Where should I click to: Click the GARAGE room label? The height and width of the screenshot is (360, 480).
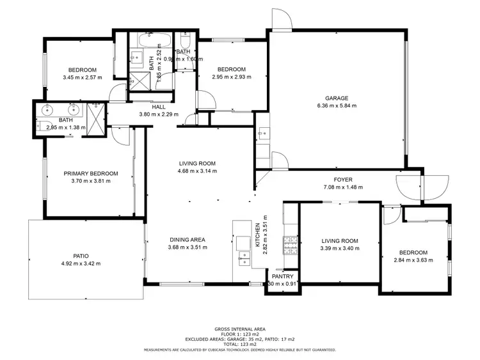pos(336,98)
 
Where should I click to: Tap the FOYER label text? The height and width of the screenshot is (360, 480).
pos(343,180)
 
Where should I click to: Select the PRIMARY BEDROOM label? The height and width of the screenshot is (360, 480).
pos(91,173)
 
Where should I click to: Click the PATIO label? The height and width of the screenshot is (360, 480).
pos(81,256)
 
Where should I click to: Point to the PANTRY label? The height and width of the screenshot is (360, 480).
pos(282,276)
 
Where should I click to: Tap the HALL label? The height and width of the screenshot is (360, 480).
pos(159,107)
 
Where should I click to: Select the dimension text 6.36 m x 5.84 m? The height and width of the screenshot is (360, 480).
pos(337,106)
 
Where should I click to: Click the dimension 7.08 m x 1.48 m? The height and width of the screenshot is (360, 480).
pos(343,187)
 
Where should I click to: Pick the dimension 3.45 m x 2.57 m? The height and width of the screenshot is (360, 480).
pos(83,77)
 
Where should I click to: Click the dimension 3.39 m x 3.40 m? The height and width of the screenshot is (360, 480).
pos(340,249)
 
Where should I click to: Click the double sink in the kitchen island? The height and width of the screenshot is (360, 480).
pos(243,258)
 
